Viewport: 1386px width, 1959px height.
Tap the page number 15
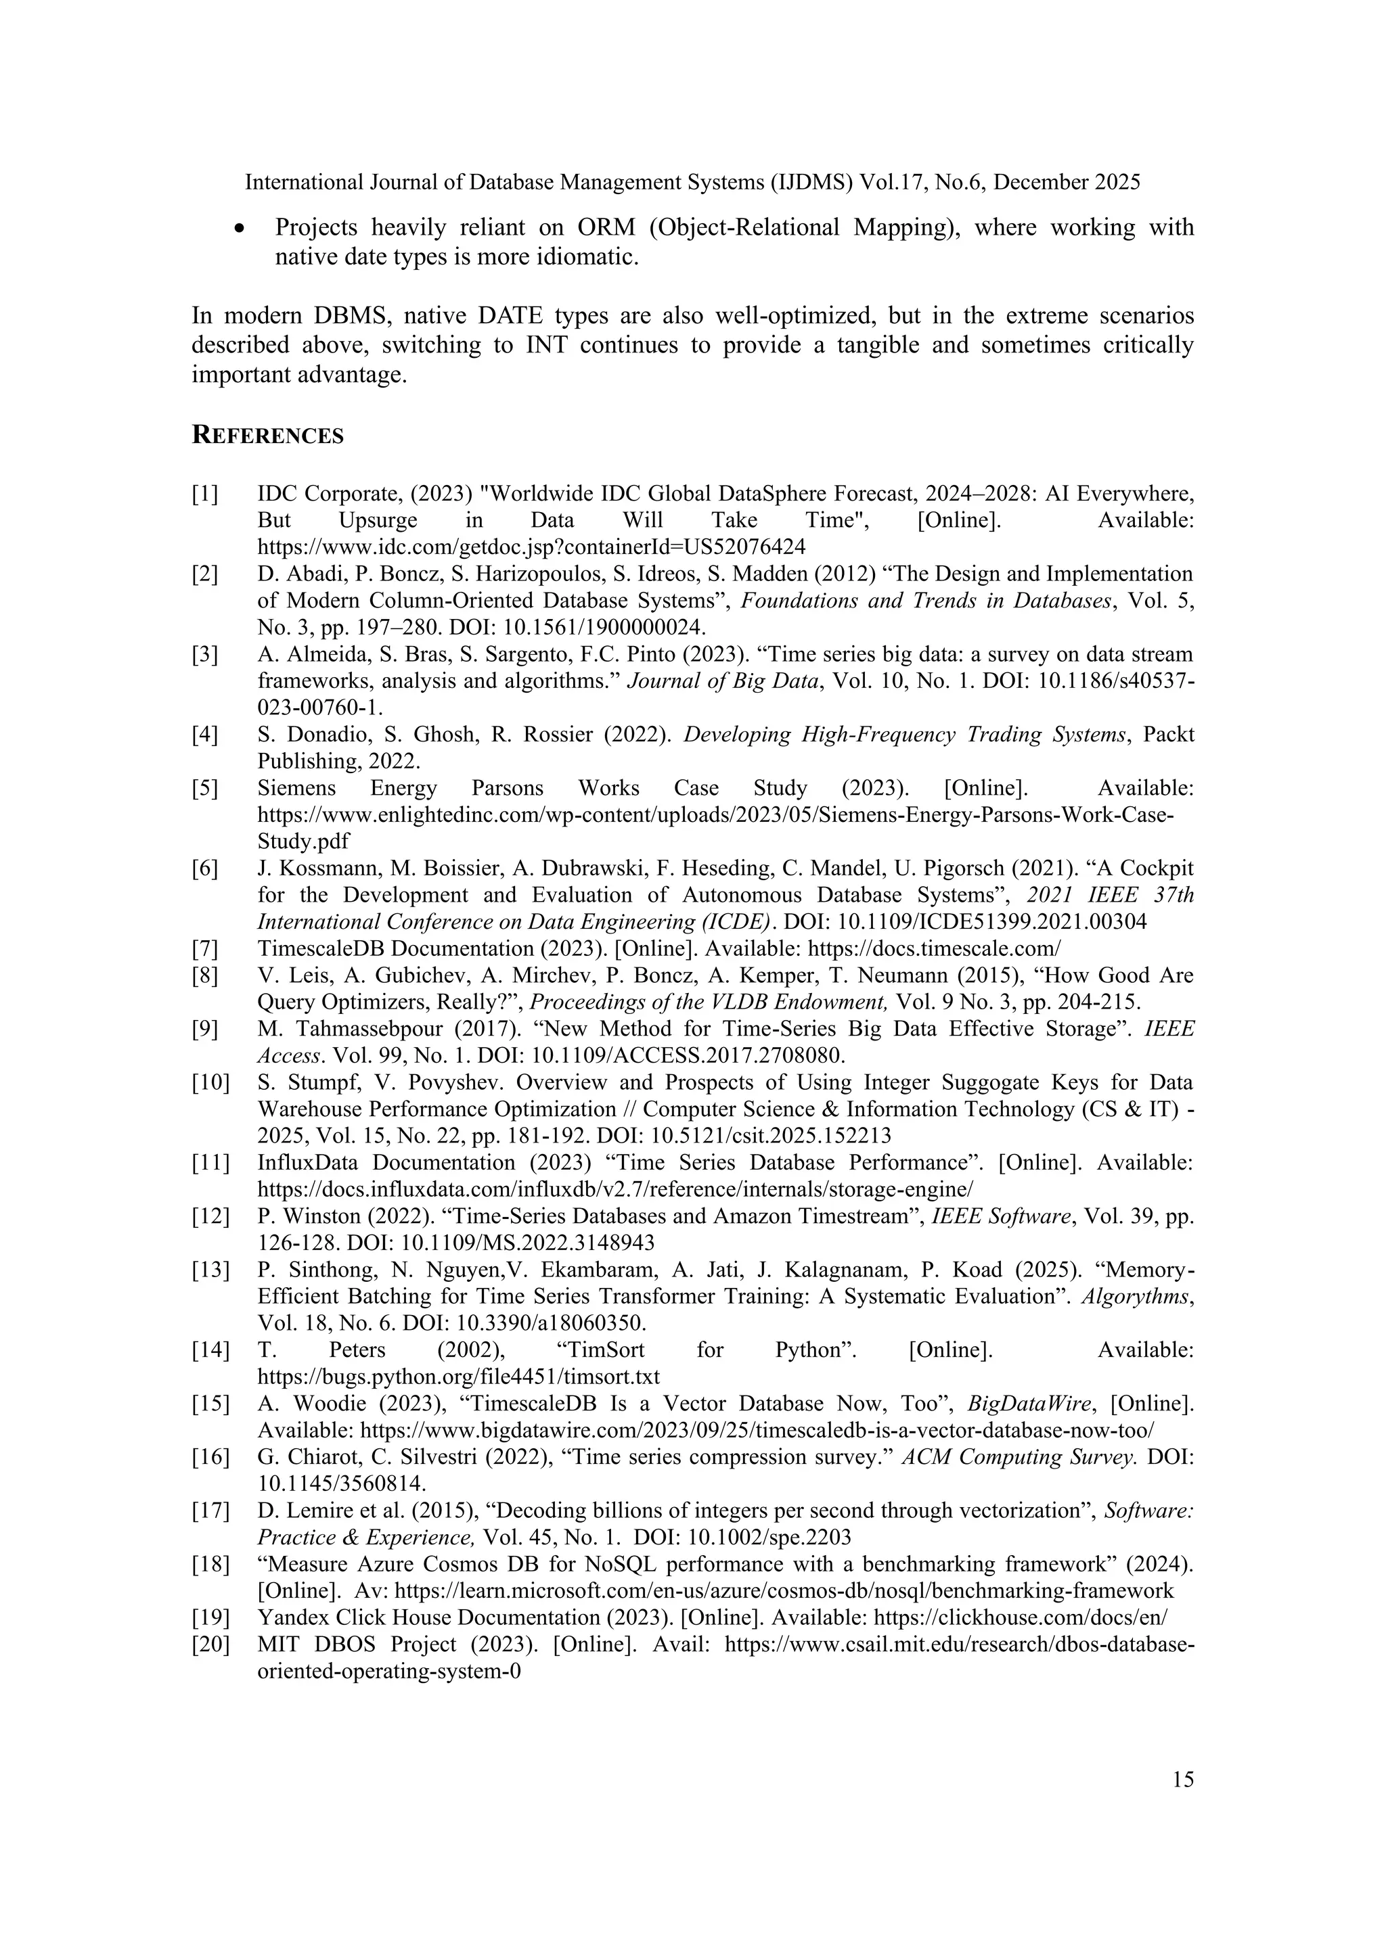[1183, 1780]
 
